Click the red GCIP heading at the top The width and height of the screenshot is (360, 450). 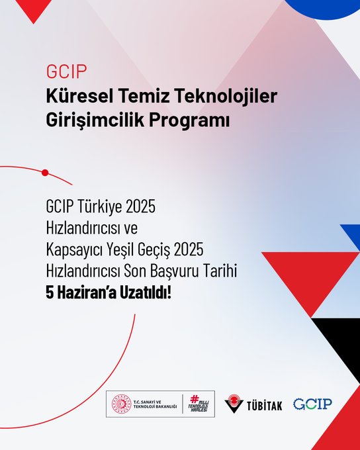(x=66, y=71)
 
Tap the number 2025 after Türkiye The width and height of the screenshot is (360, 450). (x=141, y=206)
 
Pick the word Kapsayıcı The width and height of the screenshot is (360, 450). (x=74, y=249)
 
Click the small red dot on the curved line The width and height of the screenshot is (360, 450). (x=45, y=173)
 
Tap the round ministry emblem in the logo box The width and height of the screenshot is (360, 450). (x=122, y=404)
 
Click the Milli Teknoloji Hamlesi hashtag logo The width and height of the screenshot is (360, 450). (x=199, y=404)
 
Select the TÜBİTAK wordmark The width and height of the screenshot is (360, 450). (x=265, y=406)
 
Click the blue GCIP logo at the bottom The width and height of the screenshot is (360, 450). (x=312, y=404)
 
